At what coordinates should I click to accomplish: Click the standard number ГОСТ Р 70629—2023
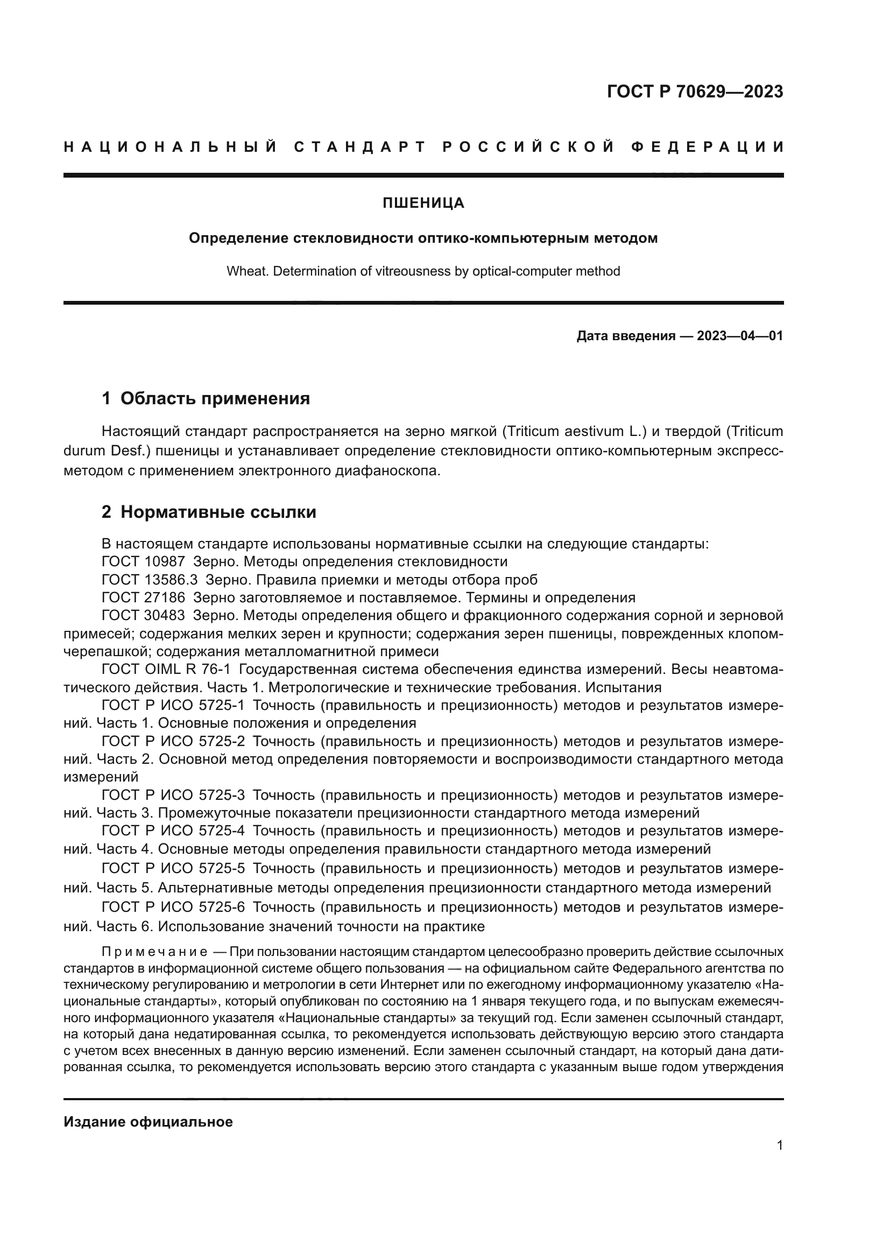click(694, 92)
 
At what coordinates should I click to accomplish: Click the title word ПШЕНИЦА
click(423, 203)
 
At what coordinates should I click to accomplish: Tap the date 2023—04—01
click(740, 335)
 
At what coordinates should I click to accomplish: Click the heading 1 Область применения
click(206, 399)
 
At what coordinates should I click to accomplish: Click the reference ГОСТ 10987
click(143, 561)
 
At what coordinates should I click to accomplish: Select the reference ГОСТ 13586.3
click(150, 580)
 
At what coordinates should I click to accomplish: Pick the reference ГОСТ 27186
click(143, 597)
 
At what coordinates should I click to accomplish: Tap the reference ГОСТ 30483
click(143, 616)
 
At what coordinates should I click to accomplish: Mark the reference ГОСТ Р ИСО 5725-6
click(173, 908)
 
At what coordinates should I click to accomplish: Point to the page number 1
click(780, 1145)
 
